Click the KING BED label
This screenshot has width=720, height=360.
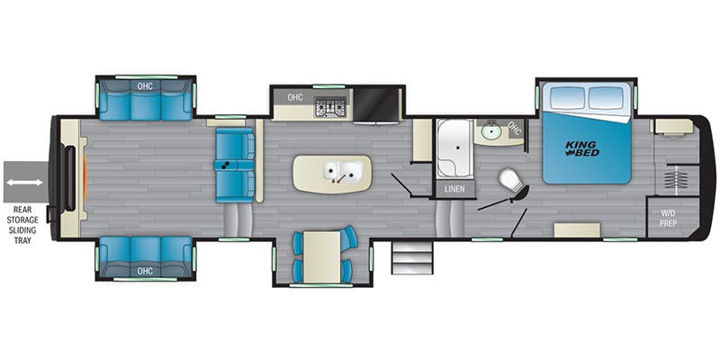click(581, 148)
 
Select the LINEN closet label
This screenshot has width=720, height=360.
click(454, 189)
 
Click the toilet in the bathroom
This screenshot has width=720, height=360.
click(513, 184)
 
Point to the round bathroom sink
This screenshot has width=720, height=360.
click(491, 131)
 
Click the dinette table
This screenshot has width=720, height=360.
click(322, 256)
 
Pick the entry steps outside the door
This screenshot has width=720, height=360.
click(412, 257)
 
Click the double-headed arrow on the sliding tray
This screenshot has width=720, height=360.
click(24, 183)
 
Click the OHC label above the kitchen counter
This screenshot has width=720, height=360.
click(295, 97)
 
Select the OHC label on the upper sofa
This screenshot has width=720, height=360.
click(145, 85)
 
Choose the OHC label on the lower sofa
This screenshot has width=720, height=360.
click(145, 271)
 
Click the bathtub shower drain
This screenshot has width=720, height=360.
click(457, 148)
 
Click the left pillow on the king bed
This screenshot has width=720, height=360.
click(567, 97)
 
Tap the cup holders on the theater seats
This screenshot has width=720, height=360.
click(225, 166)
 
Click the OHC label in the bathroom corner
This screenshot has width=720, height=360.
click(514, 130)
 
